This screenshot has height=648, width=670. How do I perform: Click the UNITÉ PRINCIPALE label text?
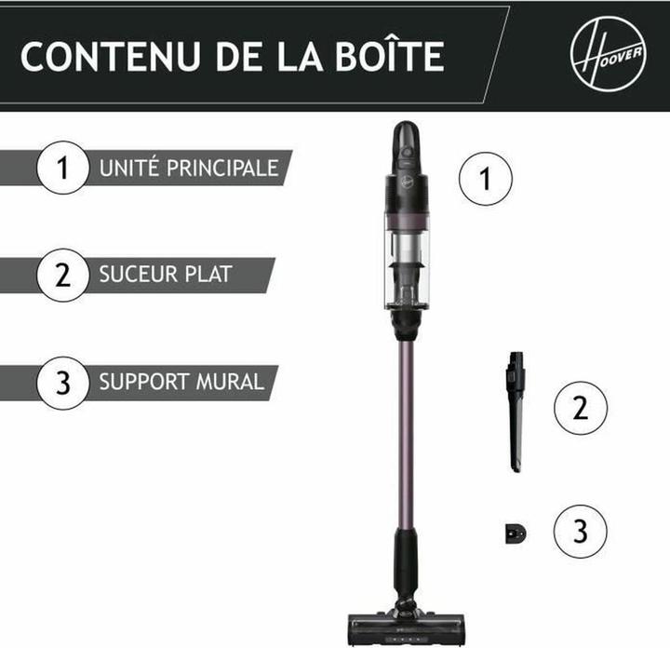[189, 169]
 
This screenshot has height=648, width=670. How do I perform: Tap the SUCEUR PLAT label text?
[165, 275]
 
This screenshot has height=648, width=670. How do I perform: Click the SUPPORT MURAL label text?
[181, 382]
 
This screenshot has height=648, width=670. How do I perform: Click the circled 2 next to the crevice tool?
[581, 408]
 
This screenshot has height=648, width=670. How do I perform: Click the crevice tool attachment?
[515, 410]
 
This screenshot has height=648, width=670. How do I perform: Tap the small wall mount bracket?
[515, 533]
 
